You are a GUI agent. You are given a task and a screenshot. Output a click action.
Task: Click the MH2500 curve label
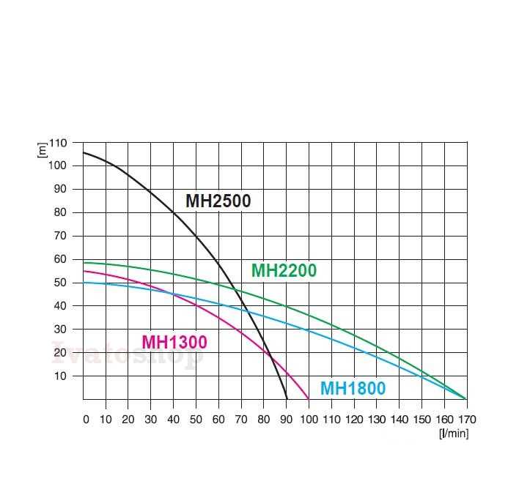(218, 201)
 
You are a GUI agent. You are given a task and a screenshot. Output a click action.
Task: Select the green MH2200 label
(284, 270)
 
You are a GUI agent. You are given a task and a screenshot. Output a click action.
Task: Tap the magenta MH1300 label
(174, 342)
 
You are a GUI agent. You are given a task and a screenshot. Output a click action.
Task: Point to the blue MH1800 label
(353, 389)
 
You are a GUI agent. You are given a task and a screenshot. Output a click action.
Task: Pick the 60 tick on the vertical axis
(59, 259)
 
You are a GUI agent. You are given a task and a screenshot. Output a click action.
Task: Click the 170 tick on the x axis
(466, 420)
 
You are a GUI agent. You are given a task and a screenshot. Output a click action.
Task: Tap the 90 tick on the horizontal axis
(287, 420)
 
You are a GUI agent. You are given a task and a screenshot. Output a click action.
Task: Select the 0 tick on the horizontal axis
(86, 420)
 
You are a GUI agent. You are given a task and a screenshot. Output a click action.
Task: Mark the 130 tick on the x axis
(376, 420)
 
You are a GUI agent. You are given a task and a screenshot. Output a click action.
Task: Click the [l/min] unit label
(454, 433)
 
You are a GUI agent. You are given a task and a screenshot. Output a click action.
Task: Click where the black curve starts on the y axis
(84, 152)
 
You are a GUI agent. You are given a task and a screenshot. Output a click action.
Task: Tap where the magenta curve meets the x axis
(309, 398)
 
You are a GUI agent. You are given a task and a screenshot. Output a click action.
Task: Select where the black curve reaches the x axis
(287, 398)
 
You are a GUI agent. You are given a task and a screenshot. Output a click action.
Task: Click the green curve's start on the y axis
(84, 262)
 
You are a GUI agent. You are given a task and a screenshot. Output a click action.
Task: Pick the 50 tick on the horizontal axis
(197, 420)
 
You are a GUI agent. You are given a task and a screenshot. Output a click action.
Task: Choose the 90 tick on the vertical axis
(59, 189)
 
